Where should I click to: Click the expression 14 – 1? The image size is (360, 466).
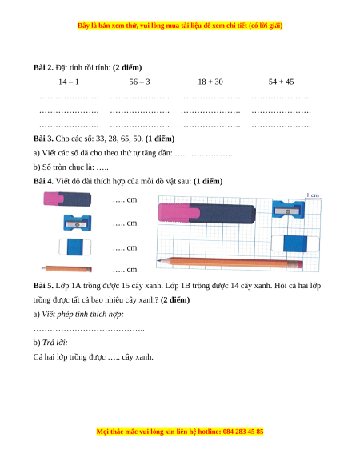[x=69, y=82]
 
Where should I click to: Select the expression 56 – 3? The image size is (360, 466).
[x=139, y=82]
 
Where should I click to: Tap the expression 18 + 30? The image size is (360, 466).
[x=210, y=82]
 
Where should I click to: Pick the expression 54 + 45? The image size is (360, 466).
[x=281, y=82]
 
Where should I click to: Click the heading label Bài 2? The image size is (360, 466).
[x=43, y=68]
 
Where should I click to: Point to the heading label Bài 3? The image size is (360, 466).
[x=43, y=139]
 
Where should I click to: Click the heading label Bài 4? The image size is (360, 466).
[x=43, y=181]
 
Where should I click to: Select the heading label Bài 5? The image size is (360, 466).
[x=43, y=286]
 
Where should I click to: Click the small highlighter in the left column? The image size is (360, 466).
[x=67, y=199]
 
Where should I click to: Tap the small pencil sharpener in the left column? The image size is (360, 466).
[x=78, y=223]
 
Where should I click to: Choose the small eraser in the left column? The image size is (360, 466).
[x=75, y=247]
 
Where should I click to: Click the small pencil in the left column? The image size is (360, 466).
[x=66, y=269]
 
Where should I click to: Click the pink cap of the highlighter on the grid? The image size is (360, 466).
[x=179, y=212]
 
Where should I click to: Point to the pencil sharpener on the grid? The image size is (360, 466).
[x=288, y=209]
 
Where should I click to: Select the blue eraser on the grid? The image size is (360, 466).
[x=295, y=243]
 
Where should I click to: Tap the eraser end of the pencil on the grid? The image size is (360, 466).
[x=299, y=264]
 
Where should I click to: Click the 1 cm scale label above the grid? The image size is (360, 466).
[x=313, y=195]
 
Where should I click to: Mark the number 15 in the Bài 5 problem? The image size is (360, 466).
[x=126, y=286]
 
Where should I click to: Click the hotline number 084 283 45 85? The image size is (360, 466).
[x=243, y=432]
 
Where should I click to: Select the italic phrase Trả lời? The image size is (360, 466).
[x=55, y=343]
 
